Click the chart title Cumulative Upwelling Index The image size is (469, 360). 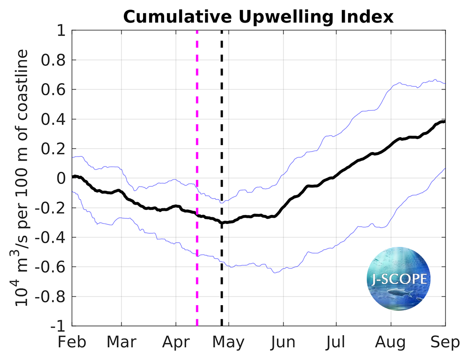pos(258,17)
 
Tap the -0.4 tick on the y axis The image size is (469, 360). pos(51,237)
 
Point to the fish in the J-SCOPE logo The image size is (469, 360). pos(399,295)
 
